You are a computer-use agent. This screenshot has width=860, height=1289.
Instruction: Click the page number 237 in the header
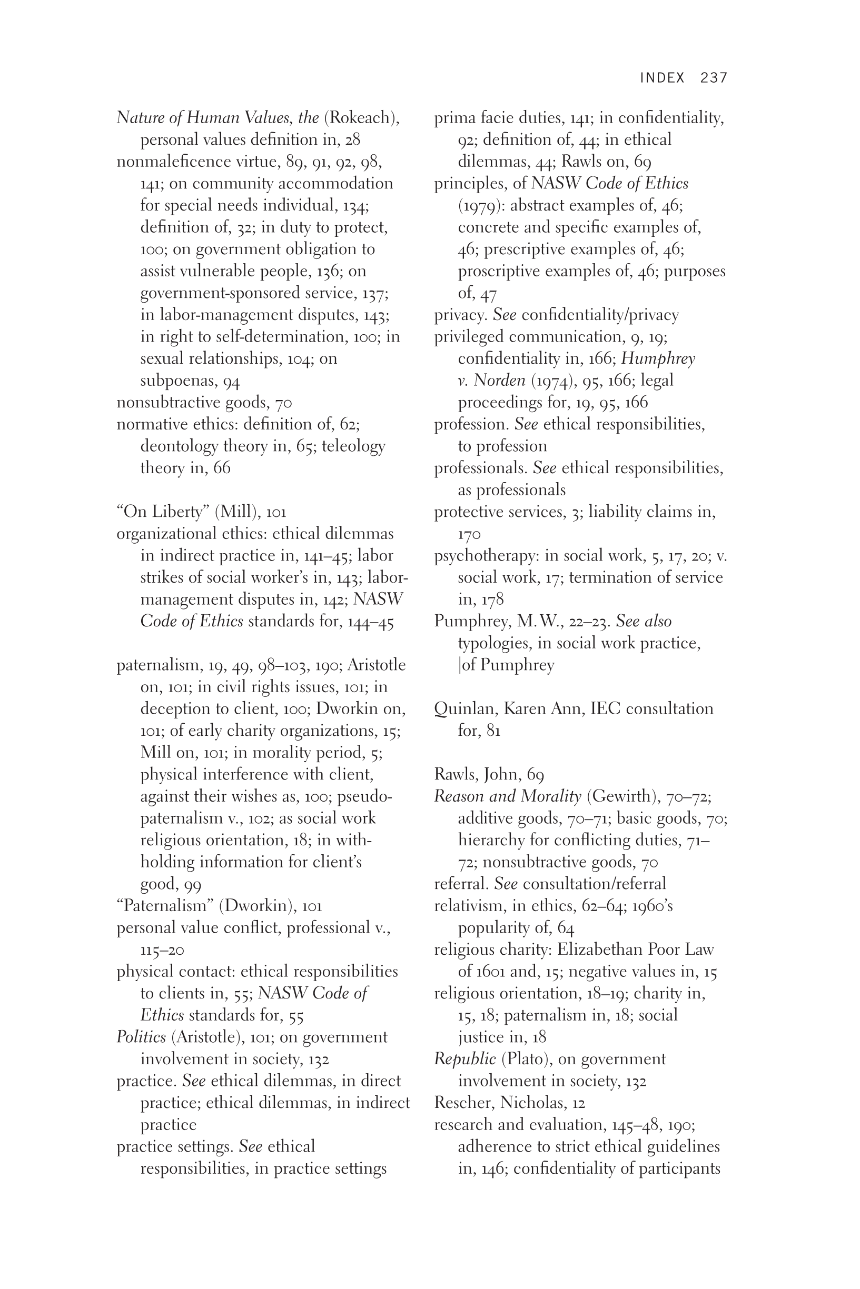(x=714, y=78)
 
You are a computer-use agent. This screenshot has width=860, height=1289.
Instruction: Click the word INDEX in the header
(x=662, y=78)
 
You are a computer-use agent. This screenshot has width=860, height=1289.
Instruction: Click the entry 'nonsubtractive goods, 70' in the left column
(x=204, y=403)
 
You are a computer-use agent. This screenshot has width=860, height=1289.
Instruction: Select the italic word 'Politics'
(x=141, y=1037)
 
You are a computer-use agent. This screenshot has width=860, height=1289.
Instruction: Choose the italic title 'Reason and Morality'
(x=507, y=796)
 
